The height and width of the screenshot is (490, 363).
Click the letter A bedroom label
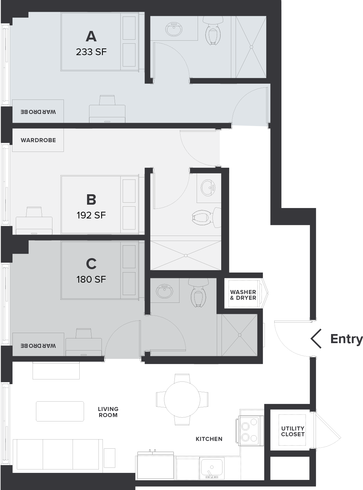[91, 36]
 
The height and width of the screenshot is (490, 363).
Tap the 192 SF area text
[91, 215]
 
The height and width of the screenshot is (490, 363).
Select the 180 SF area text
[91, 279]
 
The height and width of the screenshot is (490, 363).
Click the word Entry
[347, 339]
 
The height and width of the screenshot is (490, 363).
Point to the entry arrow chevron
[316, 338]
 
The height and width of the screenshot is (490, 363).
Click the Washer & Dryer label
[243, 295]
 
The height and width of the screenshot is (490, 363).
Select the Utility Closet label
[293, 431]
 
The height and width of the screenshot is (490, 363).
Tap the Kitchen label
[209, 439]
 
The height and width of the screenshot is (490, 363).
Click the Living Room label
[108, 412]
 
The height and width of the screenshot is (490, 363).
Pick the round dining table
[182, 399]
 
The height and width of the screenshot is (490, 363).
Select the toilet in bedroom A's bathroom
[213, 31]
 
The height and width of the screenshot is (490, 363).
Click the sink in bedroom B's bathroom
[208, 188]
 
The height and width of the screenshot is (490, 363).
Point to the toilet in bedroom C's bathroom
[198, 292]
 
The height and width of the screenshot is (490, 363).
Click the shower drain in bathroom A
[251, 47]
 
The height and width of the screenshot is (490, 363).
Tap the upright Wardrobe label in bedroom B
[38, 140]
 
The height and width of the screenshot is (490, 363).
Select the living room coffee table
[60, 411]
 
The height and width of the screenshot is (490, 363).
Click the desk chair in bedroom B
[34, 212]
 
